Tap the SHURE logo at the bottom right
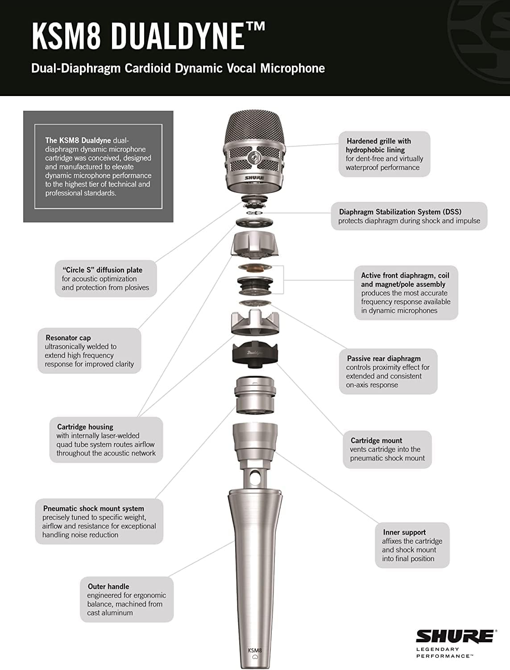click(x=455, y=636)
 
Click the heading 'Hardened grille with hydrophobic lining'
click(x=378, y=145)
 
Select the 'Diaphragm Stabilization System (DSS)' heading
click(x=400, y=212)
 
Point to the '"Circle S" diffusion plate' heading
click(x=102, y=270)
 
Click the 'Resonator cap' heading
click(x=68, y=338)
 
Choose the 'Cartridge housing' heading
click(x=85, y=427)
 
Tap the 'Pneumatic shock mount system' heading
click(x=93, y=508)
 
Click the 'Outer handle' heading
click(x=108, y=586)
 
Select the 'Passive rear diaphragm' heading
click(x=384, y=358)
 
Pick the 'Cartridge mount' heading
click(x=376, y=440)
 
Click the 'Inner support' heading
click(x=404, y=532)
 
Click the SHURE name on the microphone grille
click(x=254, y=178)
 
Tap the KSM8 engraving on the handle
click(x=255, y=650)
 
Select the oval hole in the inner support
click(x=255, y=478)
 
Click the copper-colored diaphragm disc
click(x=254, y=267)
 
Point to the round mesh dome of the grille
click(x=255, y=127)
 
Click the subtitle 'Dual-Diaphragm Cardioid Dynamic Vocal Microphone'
click(x=178, y=68)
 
